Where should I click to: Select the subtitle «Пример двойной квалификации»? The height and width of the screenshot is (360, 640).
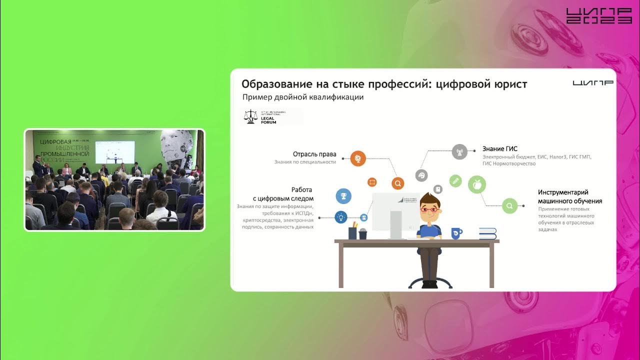[x=302, y=97]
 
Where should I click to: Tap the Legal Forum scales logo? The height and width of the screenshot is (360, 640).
[x=249, y=116]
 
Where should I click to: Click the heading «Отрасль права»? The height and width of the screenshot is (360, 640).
[x=314, y=154]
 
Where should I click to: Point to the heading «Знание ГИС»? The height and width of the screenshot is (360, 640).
[x=499, y=149]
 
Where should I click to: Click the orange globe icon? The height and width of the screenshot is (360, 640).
[x=358, y=158]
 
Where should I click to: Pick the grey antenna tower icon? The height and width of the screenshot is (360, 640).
[x=459, y=151]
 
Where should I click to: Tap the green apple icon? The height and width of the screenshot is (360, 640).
[x=477, y=185]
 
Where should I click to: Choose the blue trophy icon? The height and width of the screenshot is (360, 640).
[x=343, y=196]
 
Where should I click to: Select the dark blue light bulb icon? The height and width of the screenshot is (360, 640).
[x=341, y=217]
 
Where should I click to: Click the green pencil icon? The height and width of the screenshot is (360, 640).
[x=455, y=180]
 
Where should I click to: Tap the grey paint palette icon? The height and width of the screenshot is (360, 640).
[x=421, y=175]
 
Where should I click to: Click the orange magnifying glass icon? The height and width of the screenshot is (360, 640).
[x=397, y=183]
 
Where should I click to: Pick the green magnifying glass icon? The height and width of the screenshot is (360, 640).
[x=509, y=205]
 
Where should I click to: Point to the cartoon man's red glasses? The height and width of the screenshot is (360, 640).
[x=428, y=209]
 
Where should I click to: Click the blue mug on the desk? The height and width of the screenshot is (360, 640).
[x=456, y=233]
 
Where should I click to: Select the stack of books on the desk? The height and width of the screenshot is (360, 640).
[x=487, y=233]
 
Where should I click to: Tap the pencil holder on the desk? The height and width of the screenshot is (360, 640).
[x=352, y=232]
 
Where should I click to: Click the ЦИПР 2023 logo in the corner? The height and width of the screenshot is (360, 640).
[x=598, y=16]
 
